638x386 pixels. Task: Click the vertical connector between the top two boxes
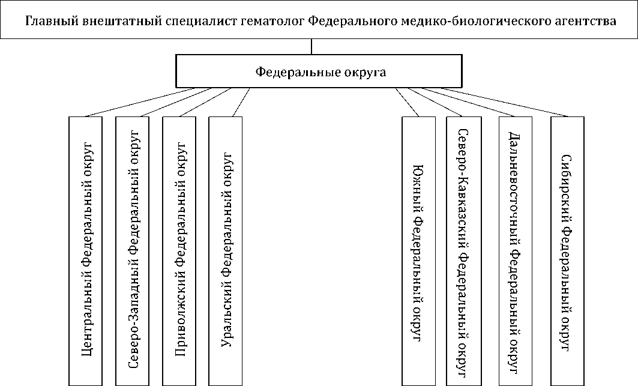[312, 47]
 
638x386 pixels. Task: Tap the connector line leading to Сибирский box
[516, 102]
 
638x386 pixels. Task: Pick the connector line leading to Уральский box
[239, 102]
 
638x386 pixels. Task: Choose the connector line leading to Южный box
[407, 102]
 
